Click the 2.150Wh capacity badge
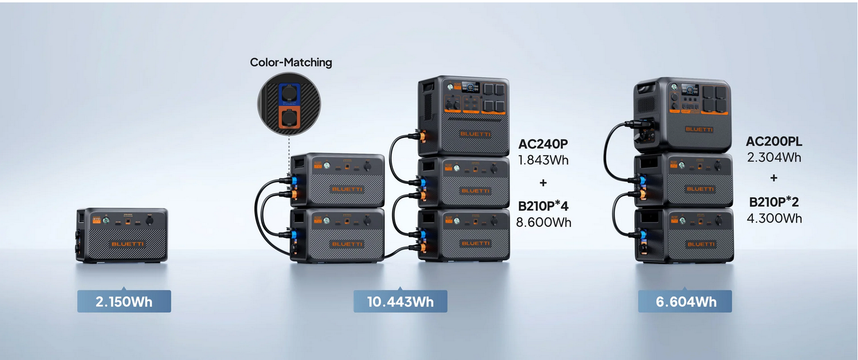click(x=124, y=301)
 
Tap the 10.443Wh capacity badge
click(x=400, y=301)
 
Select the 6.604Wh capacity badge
click(x=685, y=301)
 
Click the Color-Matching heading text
click(x=291, y=62)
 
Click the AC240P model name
click(x=543, y=144)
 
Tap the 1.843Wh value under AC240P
click(x=543, y=160)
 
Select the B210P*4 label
click(x=543, y=207)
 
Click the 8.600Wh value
click(x=543, y=222)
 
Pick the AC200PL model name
click(x=774, y=141)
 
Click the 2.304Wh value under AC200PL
click(x=774, y=158)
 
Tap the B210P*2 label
click(x=774, y=202)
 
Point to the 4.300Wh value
click(x=774, y=218)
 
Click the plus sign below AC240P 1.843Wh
click(x=543, y=183)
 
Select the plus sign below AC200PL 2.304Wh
click(x=774, y=178)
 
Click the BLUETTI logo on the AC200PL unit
click(x=699, y=130)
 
